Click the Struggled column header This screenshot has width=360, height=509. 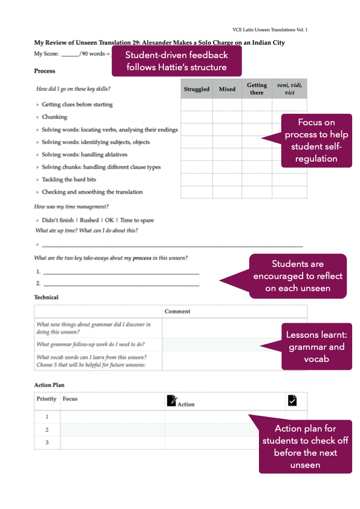pyautogui.click(x=197, y=90)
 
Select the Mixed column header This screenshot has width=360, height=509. pyautogui.click(x=227, y=90)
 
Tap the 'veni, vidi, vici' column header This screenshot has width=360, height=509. pyautogui.click(x=289, y=89)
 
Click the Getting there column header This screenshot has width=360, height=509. pyautogui.click(x=257, y=89)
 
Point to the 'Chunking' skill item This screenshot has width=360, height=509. pyautogui.click(x=54, y=117)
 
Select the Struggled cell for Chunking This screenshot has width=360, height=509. pyautogui.click(x=197, y=117)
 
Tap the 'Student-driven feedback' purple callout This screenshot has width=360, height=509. pyautogui.click(x=177, y=61)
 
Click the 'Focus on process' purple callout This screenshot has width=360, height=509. pyautogui.click(x=317, y=140)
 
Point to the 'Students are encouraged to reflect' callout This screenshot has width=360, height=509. pyautogui.click(x=298, y=276)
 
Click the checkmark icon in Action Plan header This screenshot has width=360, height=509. pyautogui.click(x=292, y=400)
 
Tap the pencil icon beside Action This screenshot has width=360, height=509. pyautogui.click(x=171, y=400)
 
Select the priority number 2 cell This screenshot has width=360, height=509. pyautogui.click(x=47, y=430)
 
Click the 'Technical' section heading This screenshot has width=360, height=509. pyautogui.click(x=46, y=297)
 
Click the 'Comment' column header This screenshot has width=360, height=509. pyautogui.click(x=177, y=311)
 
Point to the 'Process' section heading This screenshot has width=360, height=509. pyautogui.click(x=44, y=71)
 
